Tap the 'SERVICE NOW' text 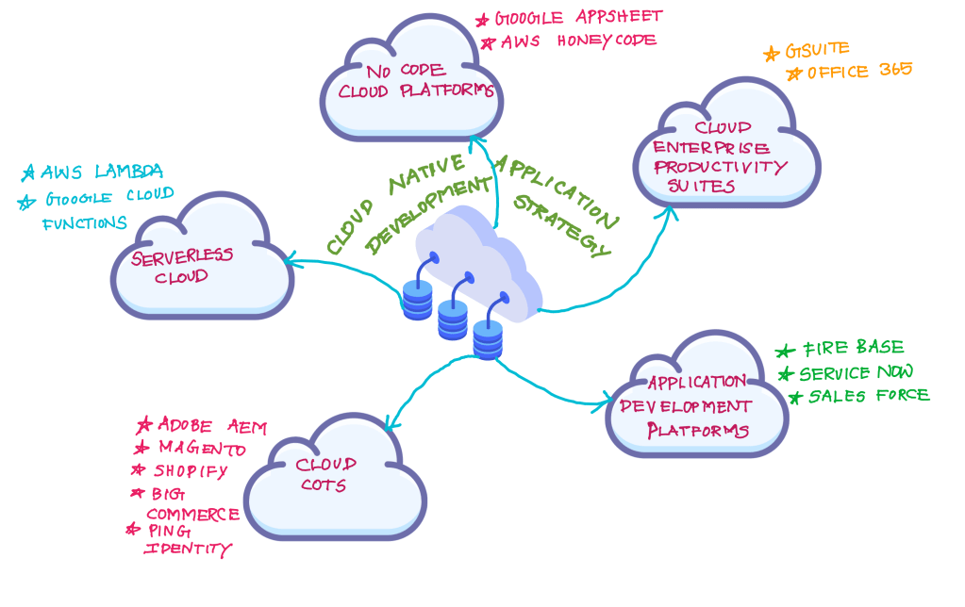point(856,372)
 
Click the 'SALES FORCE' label point(868,396)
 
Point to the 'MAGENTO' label point(202,448)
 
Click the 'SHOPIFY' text point(191,470)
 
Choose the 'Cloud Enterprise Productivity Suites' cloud point(722,151)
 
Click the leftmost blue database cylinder point(417,300)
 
